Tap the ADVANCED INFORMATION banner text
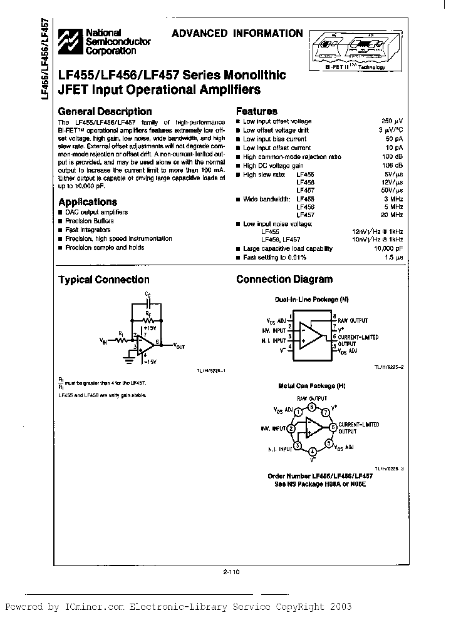[x=237, y=34]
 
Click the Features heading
[x=257, y=111]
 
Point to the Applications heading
[x=88, y=202]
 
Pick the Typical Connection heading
[x=104, y=280]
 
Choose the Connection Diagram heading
[x=284, y=280]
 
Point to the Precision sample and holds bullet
[x=105, y=248]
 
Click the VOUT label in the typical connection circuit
[x=179, y=345]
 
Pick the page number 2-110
[x=231, y=570]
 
